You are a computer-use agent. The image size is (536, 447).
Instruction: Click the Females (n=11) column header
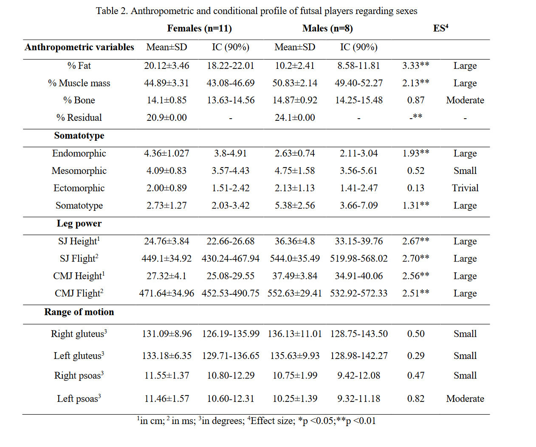[x=200, y=28]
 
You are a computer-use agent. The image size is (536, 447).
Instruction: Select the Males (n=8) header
[x=327, y=28]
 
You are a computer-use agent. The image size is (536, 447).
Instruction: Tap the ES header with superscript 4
[x=441, y=28]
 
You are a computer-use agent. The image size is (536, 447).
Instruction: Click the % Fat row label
[x=79, y=65]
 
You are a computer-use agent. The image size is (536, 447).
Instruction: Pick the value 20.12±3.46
[x=166, y=65]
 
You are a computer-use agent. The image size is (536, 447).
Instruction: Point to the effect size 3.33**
[x=416, y=65]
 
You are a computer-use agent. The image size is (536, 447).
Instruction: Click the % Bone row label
[x=79, y=100]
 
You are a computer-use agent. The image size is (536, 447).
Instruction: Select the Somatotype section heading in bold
[x=79, y=136]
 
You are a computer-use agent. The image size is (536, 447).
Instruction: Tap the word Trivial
[x=465, y=188]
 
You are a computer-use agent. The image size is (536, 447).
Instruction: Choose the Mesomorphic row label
[x=79, y=171]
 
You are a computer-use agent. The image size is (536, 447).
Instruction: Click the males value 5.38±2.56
[x=295, y=205]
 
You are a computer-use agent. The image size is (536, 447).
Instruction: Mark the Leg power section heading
[x=79, y=223]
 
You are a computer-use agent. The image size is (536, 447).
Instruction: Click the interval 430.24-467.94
[x=231, y=258]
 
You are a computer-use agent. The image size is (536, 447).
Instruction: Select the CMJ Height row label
[x=79, y=276]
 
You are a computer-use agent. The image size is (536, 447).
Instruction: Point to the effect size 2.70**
[x=416, y=258]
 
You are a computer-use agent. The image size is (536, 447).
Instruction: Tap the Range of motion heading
[x=79, y=312]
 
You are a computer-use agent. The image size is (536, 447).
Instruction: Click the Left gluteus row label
[x=79, y=356]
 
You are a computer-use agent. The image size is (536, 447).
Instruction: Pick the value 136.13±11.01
[x=295, y=333]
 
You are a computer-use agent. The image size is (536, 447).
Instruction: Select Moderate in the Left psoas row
[x=465, y=399]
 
